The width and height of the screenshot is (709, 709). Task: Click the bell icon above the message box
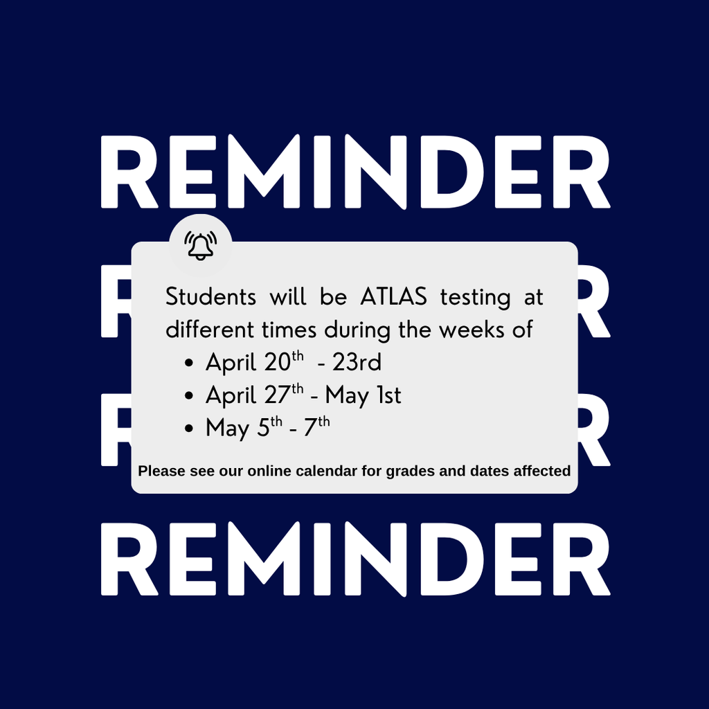201,246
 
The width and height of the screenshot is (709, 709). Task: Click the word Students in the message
210,297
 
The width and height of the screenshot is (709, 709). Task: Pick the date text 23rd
357,362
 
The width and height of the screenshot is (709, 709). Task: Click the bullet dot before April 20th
188,364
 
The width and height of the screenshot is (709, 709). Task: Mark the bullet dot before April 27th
188,397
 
